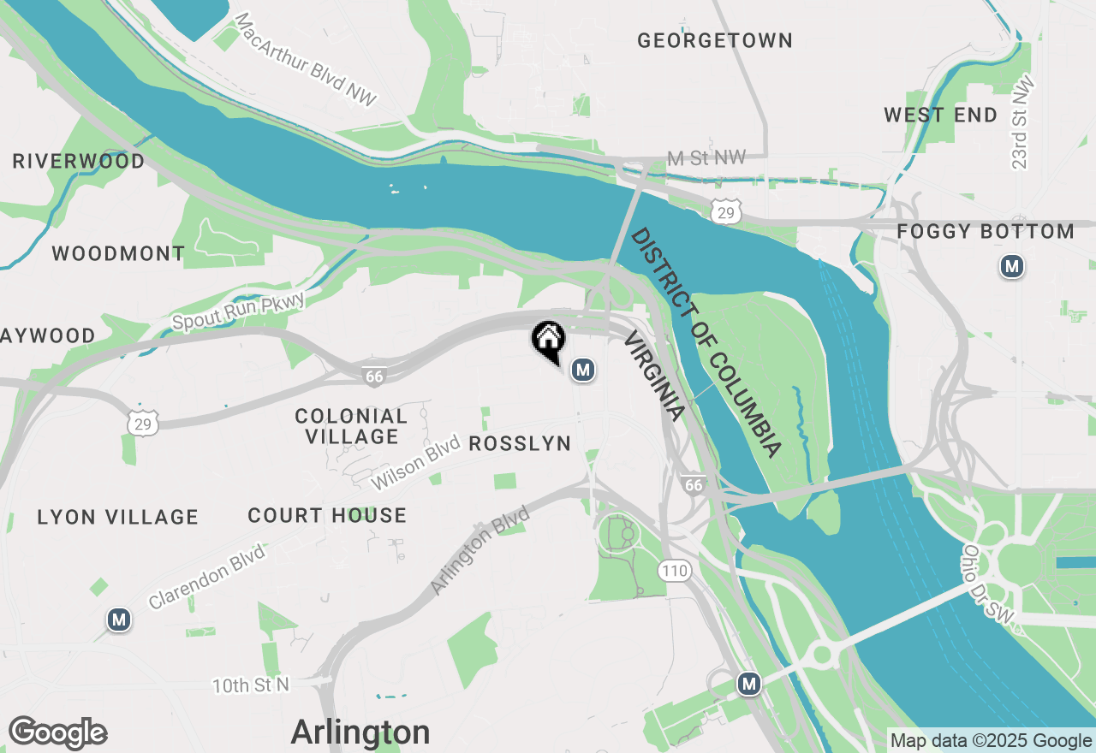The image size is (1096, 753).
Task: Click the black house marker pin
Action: [548, 340]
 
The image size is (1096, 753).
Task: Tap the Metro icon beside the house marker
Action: [583, 370]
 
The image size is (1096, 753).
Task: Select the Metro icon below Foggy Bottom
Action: [1012, 267]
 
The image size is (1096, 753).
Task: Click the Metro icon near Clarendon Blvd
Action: [119, 620]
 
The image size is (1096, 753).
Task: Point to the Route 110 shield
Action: [675, 570]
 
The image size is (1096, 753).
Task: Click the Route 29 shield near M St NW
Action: [725, 212]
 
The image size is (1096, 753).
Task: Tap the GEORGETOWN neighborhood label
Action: [715, 40]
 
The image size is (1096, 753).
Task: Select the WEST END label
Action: [940, 115]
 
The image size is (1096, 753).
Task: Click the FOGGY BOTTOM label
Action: [985, 231]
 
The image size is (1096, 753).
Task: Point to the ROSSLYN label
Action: [520, 443]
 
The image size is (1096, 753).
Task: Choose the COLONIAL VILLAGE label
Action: [351, 426]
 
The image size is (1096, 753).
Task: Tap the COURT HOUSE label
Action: [327, 515]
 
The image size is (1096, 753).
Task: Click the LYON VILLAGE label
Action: [118, 517]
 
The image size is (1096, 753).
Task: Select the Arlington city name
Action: [360, 732]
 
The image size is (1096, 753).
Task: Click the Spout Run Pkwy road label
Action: [238, 310]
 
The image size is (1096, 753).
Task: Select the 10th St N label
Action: [250, 685]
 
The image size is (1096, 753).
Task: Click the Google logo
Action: [57, 733]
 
